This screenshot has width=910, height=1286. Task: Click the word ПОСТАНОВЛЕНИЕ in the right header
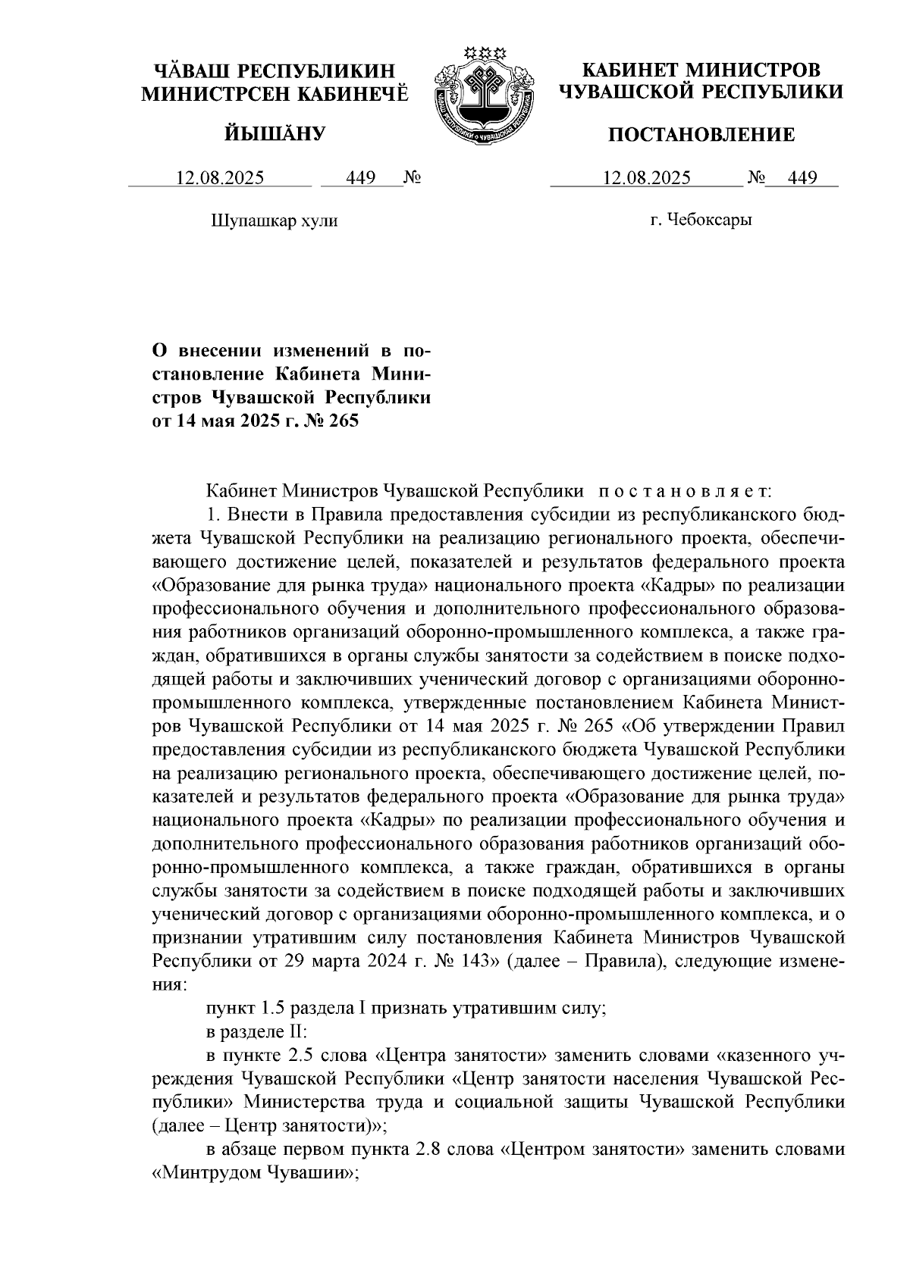click(702, 135)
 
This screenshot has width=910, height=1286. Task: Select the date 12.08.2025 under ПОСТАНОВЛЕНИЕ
click(646, 179)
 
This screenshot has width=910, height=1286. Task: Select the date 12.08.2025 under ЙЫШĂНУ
click(220, 179)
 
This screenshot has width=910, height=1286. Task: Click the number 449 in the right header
click(802, 179)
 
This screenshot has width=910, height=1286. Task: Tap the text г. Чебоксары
click(701, 221)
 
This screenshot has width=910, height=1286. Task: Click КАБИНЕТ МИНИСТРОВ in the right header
click(701, 70)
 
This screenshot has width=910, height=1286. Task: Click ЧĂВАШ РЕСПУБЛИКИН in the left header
click(275, 70)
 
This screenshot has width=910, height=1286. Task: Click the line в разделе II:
click(256, 1033)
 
